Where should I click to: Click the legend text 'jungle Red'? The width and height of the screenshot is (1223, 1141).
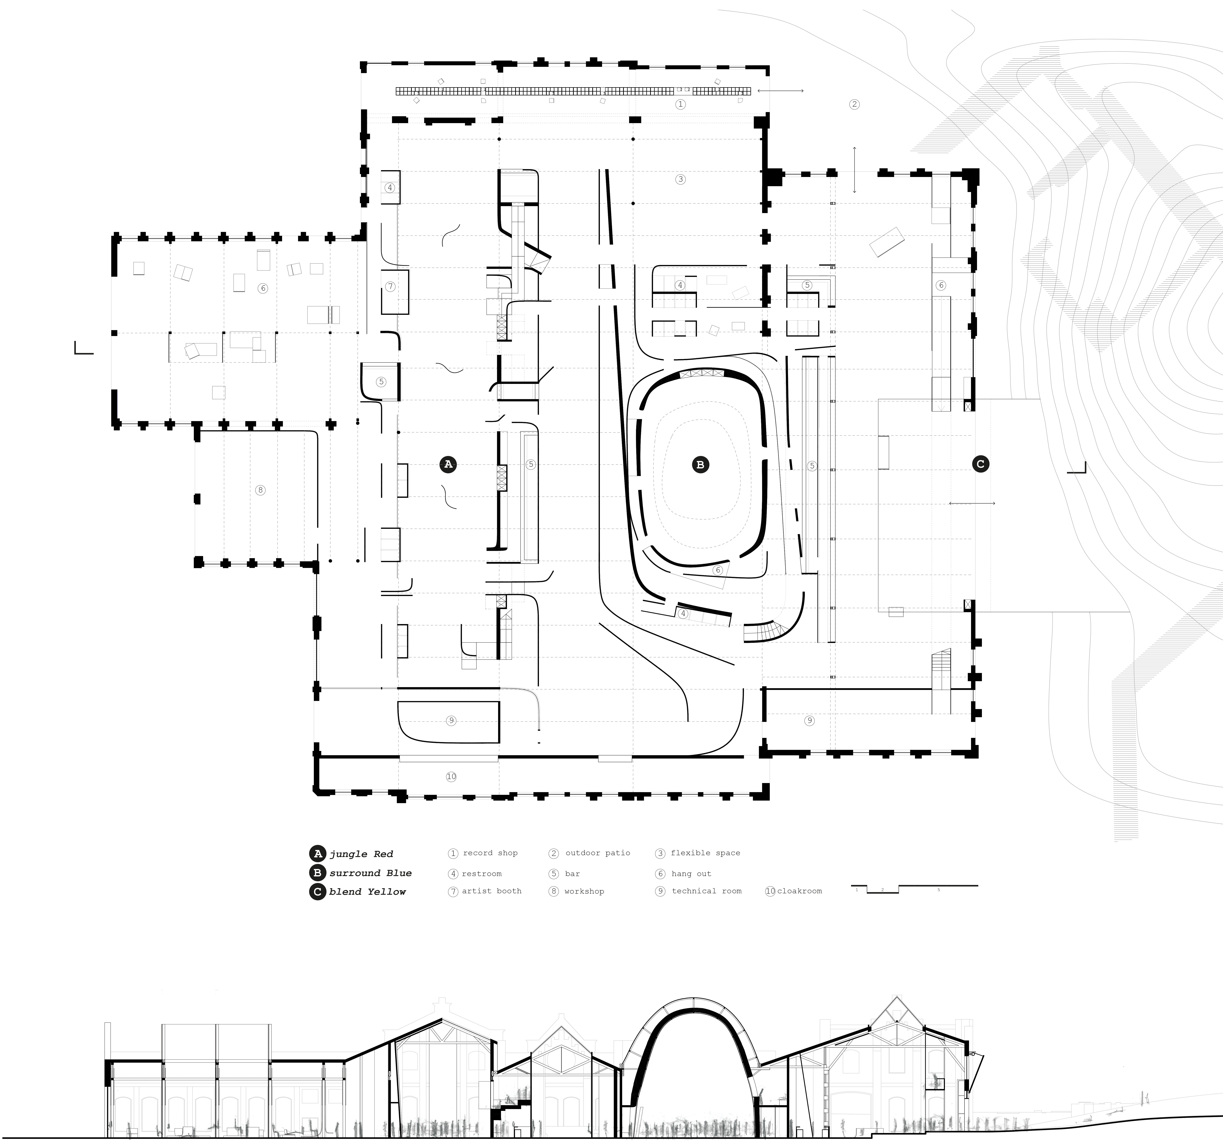tap(361, 854)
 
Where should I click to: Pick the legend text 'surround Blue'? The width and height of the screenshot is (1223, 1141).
tap(370, 873)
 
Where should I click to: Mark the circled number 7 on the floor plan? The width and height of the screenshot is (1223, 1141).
tap(390, 287)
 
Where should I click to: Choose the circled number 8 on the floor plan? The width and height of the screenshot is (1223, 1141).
tap(260, 490)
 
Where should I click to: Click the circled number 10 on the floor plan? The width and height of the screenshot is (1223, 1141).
tap(451, 777)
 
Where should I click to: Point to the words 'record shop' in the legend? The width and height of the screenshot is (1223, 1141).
tap(490, 853)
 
